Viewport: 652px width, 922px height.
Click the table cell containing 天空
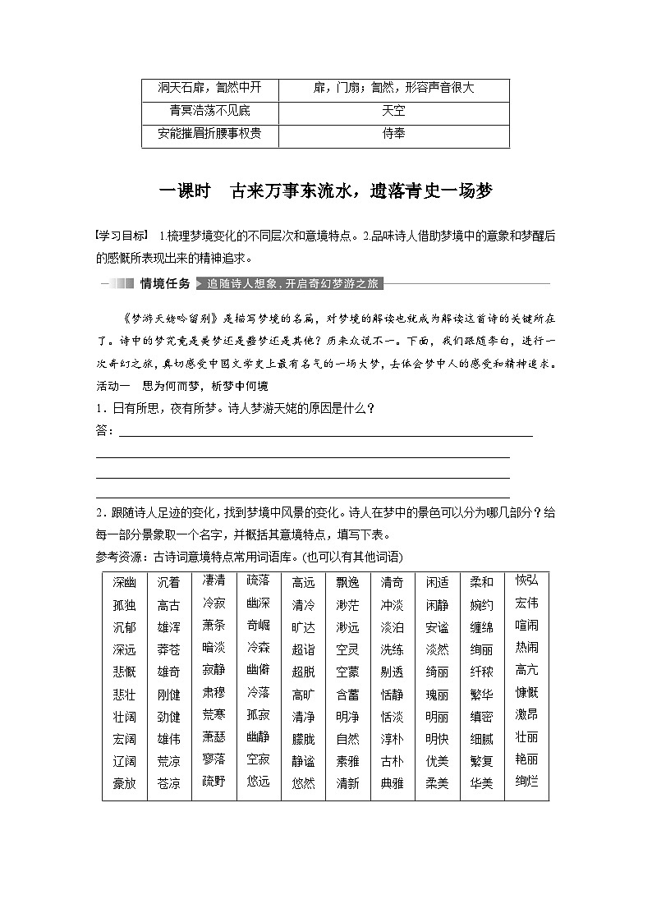[x=393, y=111]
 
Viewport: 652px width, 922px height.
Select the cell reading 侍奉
[x=393, y=134]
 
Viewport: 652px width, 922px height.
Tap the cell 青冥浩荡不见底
[x=209, y=111]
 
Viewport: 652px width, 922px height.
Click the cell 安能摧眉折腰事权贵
[x=209, y=134]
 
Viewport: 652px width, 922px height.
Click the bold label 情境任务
[x=165, y=284]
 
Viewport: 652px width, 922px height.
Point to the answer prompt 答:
[x=104, y=431]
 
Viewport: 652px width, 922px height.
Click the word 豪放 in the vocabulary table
[x=124, y=783]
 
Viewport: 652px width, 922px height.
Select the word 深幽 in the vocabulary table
[x=124, y=583]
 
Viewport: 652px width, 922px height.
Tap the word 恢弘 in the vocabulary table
[x=526, y=580]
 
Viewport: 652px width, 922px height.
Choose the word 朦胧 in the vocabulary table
[x=304, y=739]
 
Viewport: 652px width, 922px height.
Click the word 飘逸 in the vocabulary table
[x=347, y=583]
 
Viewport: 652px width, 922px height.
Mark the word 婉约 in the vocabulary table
[x=481, y=605]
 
